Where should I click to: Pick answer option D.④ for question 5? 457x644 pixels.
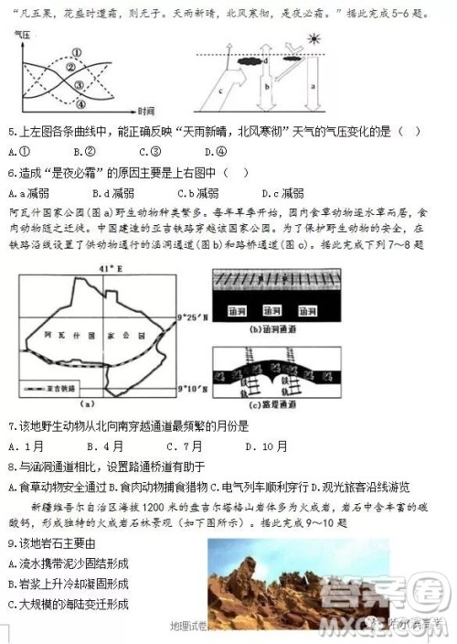(216, 152)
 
